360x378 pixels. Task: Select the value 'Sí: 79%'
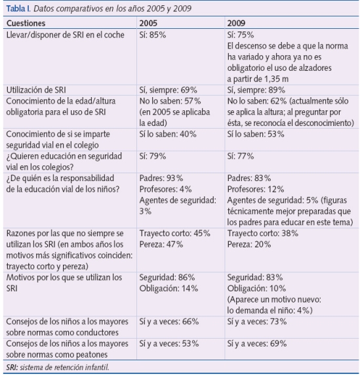coord(153,156)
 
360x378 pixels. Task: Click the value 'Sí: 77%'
coord(240,156)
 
